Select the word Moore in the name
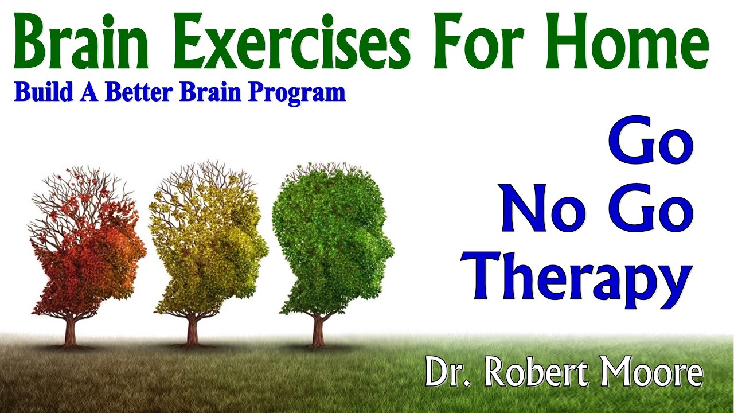(x=650, y=373)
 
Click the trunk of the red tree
(x=71, y=333)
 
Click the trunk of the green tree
(x=318, y=330)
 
